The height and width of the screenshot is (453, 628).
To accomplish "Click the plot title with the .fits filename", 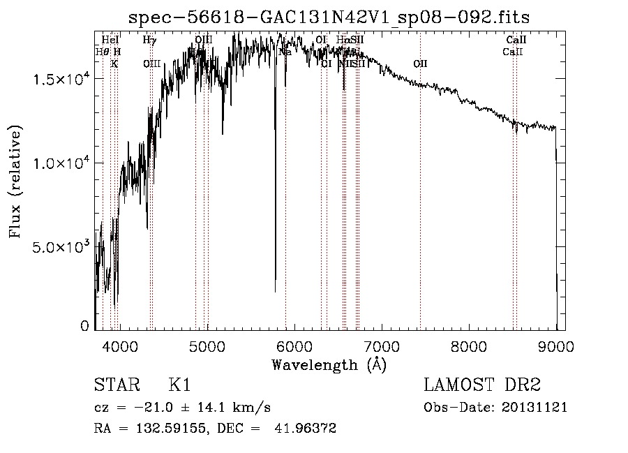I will pos(329,17).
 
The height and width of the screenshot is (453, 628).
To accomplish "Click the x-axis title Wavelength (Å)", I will pos(329,364).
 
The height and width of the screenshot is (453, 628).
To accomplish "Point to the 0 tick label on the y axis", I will pos(85,326).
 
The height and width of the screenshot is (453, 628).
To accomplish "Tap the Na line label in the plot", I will pos(285,52).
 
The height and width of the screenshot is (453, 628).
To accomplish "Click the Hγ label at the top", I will pos(149,40).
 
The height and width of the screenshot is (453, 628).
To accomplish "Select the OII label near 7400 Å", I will pos(420,64).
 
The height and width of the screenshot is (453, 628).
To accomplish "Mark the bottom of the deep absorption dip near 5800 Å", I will pos(275,290).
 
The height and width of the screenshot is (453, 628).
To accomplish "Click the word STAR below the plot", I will pos(114,386).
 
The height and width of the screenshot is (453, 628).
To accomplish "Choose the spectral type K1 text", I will pos(179,386).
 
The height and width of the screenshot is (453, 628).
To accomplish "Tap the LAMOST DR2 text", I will pos(482,386).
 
